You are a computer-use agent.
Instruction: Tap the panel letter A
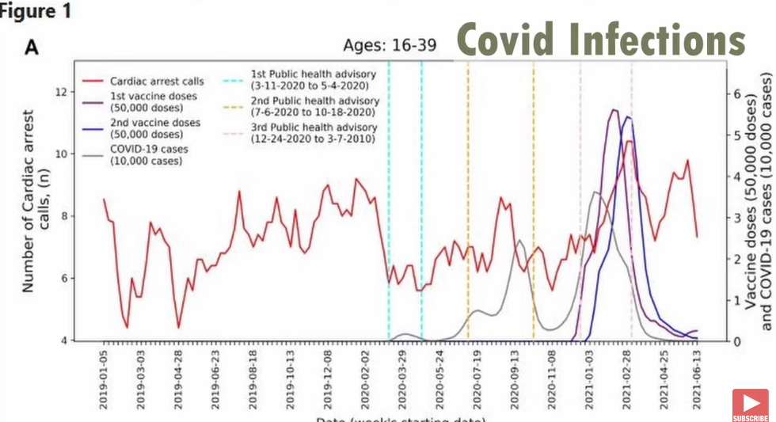pos(32,48)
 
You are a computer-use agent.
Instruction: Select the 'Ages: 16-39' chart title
pos(389,44)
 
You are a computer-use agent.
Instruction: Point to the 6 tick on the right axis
pos(738,93)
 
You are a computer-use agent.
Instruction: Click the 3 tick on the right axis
pos(738,217)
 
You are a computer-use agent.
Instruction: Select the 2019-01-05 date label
pos(104,380)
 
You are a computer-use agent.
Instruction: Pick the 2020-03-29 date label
pos(402,380)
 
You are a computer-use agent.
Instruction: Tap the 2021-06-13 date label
pos(696,380)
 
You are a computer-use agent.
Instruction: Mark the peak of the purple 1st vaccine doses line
pos(614,110)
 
